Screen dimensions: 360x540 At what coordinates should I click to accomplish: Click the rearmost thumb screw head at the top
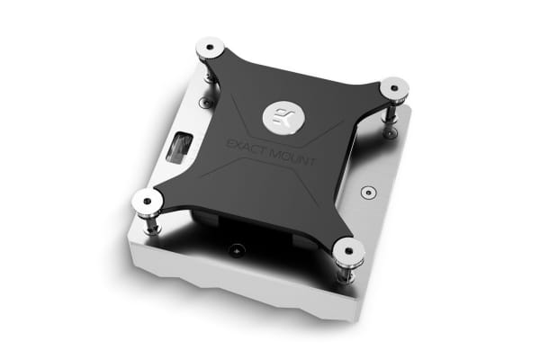tap(210, 47)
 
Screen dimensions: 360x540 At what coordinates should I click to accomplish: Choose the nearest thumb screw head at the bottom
tap(346, 247)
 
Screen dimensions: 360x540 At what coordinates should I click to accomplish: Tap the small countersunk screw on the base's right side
tap(365, 192)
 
